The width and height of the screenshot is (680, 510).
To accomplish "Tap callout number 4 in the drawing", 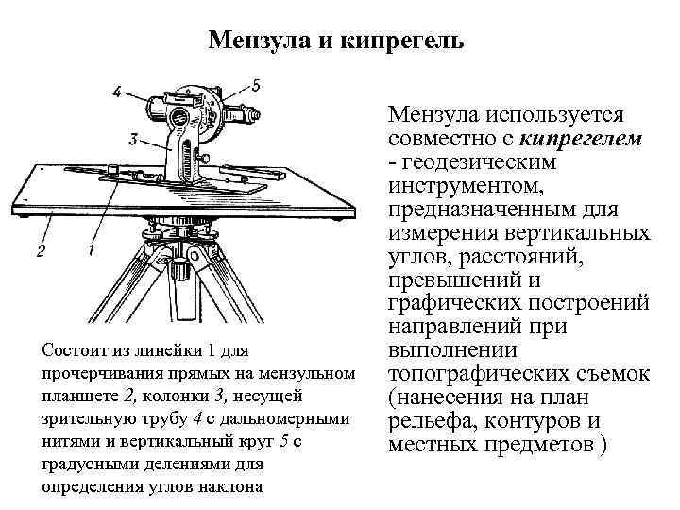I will [x=115, y=92].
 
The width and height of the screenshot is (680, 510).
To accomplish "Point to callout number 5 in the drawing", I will [x=258, y=85].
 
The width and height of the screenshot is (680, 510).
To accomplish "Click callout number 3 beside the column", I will [x=134, y=140].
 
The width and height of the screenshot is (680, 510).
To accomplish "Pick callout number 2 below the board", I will [x=41, y=250].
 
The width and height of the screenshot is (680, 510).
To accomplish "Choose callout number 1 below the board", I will [x=91, y=250].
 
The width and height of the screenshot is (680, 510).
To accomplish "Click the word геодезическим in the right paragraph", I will [x=476, y=161].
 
